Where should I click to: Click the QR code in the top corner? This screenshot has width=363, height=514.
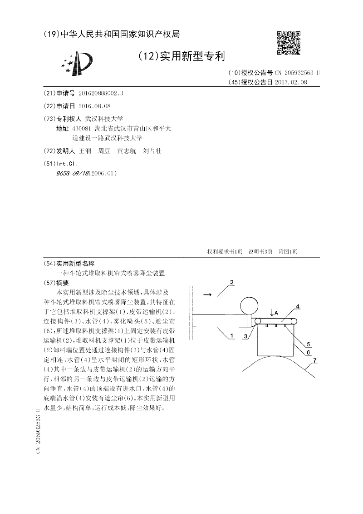[289, 43]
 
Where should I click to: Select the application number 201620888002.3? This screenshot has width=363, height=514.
[101, 93]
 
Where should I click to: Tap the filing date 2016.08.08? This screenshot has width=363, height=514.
[94, 105]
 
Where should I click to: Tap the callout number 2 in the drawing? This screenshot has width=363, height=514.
[231, 282]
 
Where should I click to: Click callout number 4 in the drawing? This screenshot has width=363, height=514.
[298, 307]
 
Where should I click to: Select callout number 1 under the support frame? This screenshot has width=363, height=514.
[231, 335]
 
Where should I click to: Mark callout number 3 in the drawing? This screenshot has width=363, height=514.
[245, 336]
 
